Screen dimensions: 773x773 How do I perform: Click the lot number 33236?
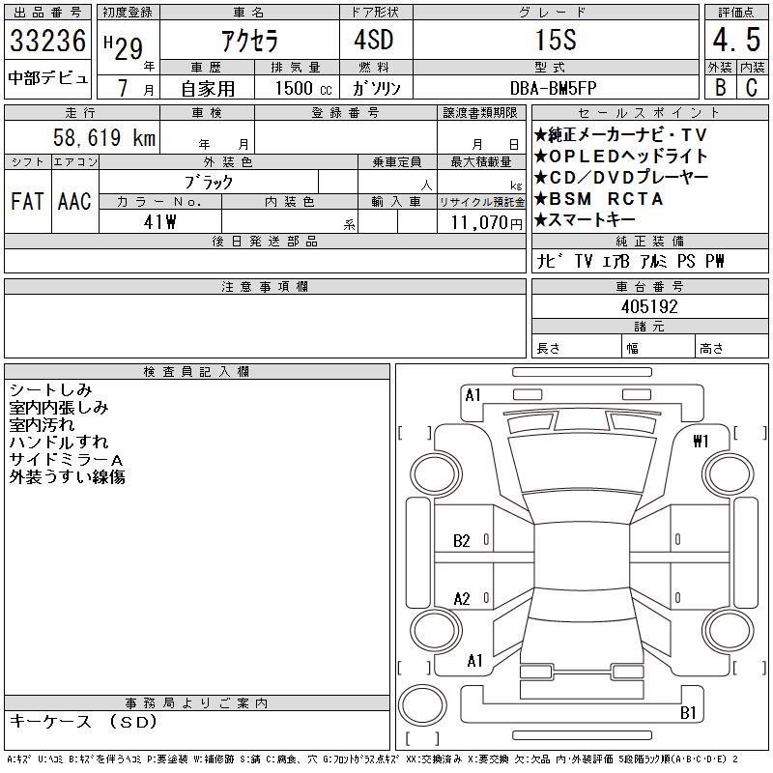click(47, 41)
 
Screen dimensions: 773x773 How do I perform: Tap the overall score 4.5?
click(736, 40)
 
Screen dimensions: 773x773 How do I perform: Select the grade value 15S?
click(556, 40)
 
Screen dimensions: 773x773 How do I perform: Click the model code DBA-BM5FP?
click(553, 88)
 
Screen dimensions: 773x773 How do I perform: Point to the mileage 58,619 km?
click(104, 137)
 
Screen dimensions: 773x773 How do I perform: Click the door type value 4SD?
click(374, 40)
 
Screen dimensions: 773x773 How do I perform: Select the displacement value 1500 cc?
click(303, 88)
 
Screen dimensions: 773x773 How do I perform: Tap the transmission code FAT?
click(27, 201)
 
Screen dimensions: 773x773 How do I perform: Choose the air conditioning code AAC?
click(74, 201)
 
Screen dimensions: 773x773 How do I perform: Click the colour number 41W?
click(159, 222)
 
